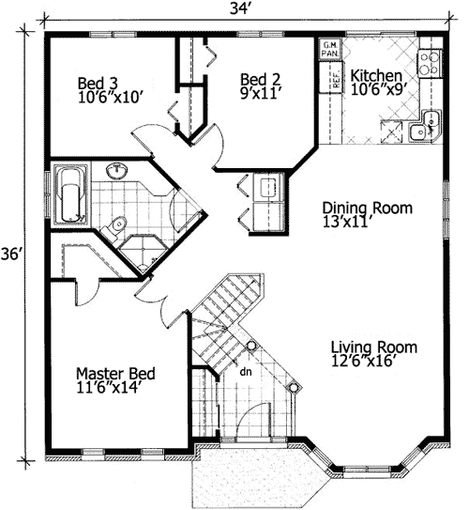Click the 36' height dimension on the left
point(12,255)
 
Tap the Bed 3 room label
point(96,83)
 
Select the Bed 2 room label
point(258,79)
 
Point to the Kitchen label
point(377,75)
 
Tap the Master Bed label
point(115,372)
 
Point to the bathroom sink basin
point(117,172)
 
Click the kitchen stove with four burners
point(430,62)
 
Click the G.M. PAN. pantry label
point(331,49)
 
